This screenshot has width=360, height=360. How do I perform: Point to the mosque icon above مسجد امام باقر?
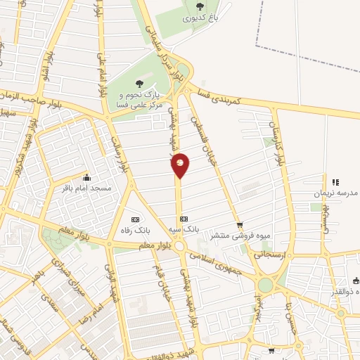tap(86, 177)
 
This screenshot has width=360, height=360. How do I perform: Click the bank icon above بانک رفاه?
tap(136, 218)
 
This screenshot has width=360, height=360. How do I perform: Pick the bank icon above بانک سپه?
tap(184, 219)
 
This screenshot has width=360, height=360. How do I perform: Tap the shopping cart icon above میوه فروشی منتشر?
tap(240, 226)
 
